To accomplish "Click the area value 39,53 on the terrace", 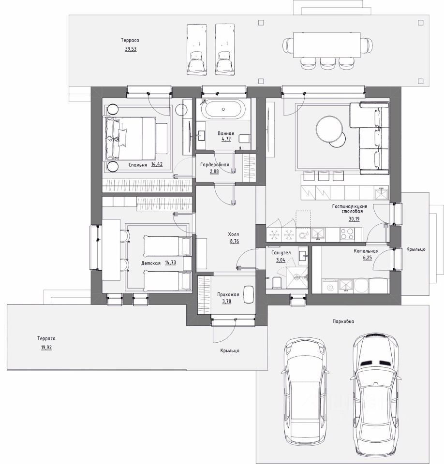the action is (131, 49).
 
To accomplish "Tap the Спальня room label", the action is (138, 165).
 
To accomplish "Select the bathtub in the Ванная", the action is (223, 109).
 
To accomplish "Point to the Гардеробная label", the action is (214, 164).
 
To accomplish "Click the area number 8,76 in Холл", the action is (234, 241).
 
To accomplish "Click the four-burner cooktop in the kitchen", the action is (347, 234).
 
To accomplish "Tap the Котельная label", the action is (366, 251).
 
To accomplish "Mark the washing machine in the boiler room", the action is (330, 286).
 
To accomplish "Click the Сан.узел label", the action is (281, 253).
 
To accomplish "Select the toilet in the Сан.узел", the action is (276, 282).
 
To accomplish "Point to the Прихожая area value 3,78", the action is (228, 301).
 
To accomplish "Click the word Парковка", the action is (343, 321).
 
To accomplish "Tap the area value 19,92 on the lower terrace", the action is (46, 348).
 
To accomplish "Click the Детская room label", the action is (151, 263).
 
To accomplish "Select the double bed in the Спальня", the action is (130, 138).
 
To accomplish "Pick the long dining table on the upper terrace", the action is (327, 44).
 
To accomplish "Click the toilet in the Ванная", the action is (244, 139).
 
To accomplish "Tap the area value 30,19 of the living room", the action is (354, 219).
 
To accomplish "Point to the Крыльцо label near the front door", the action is (230, 351).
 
